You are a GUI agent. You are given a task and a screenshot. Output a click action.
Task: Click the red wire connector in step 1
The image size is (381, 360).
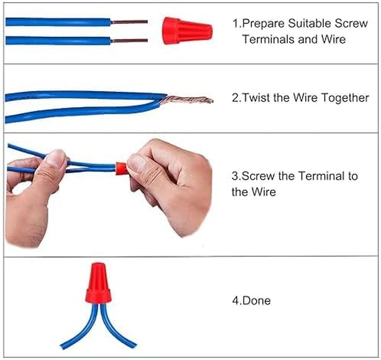(187, 31)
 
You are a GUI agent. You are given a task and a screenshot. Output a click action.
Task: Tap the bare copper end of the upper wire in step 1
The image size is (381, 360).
(129, 22)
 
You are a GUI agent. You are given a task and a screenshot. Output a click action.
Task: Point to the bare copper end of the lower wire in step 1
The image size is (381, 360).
(130, 40)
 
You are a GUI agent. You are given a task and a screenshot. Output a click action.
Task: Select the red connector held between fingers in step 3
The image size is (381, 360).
(121, 168)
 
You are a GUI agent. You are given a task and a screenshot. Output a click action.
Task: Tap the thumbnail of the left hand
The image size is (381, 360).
(55, 157)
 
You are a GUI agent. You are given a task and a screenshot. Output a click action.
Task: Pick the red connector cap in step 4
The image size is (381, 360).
(99, 283)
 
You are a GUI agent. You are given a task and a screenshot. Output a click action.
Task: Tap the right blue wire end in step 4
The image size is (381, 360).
(132, 345)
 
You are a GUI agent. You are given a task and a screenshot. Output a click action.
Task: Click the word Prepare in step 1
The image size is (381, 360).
(264, 24)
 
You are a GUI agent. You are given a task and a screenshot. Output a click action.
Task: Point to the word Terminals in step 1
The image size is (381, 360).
(268, 39)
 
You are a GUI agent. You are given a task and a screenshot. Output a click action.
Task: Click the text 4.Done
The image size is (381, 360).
(251, 301)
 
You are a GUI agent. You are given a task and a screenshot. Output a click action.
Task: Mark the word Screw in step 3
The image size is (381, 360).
(258, 176)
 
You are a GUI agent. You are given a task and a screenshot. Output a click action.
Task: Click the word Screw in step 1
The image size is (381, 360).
(351, 23)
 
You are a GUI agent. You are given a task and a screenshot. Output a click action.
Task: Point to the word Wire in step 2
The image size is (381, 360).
(305, 98)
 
